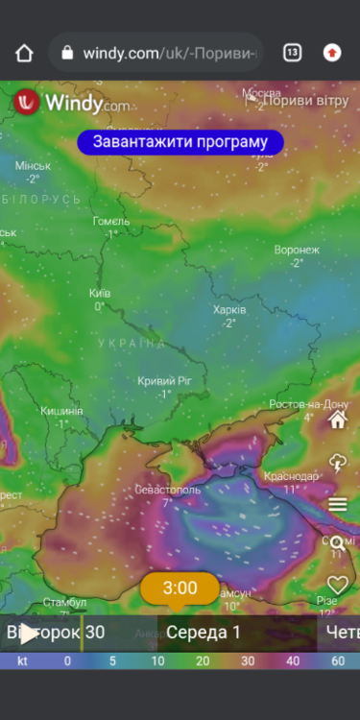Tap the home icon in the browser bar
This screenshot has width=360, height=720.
(24, 53)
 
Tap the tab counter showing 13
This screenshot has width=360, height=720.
(292, 53)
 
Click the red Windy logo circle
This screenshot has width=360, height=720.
(27, 102)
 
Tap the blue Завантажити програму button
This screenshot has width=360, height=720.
(180, 142)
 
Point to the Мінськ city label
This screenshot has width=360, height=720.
(33, 165)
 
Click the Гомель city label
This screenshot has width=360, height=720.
(110, 221)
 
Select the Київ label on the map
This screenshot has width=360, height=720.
(100, 293)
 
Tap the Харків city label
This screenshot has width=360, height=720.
(229, 310)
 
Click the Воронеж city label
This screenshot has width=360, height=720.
(296, 250)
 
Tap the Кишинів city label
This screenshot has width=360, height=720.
(61, 411)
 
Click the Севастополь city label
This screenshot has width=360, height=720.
(167, 490)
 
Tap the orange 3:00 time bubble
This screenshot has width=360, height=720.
(180, 588)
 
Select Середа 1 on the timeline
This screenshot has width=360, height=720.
(204, 632)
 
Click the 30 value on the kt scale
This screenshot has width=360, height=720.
(248, 660)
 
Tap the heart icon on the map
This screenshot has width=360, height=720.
(337, 584)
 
